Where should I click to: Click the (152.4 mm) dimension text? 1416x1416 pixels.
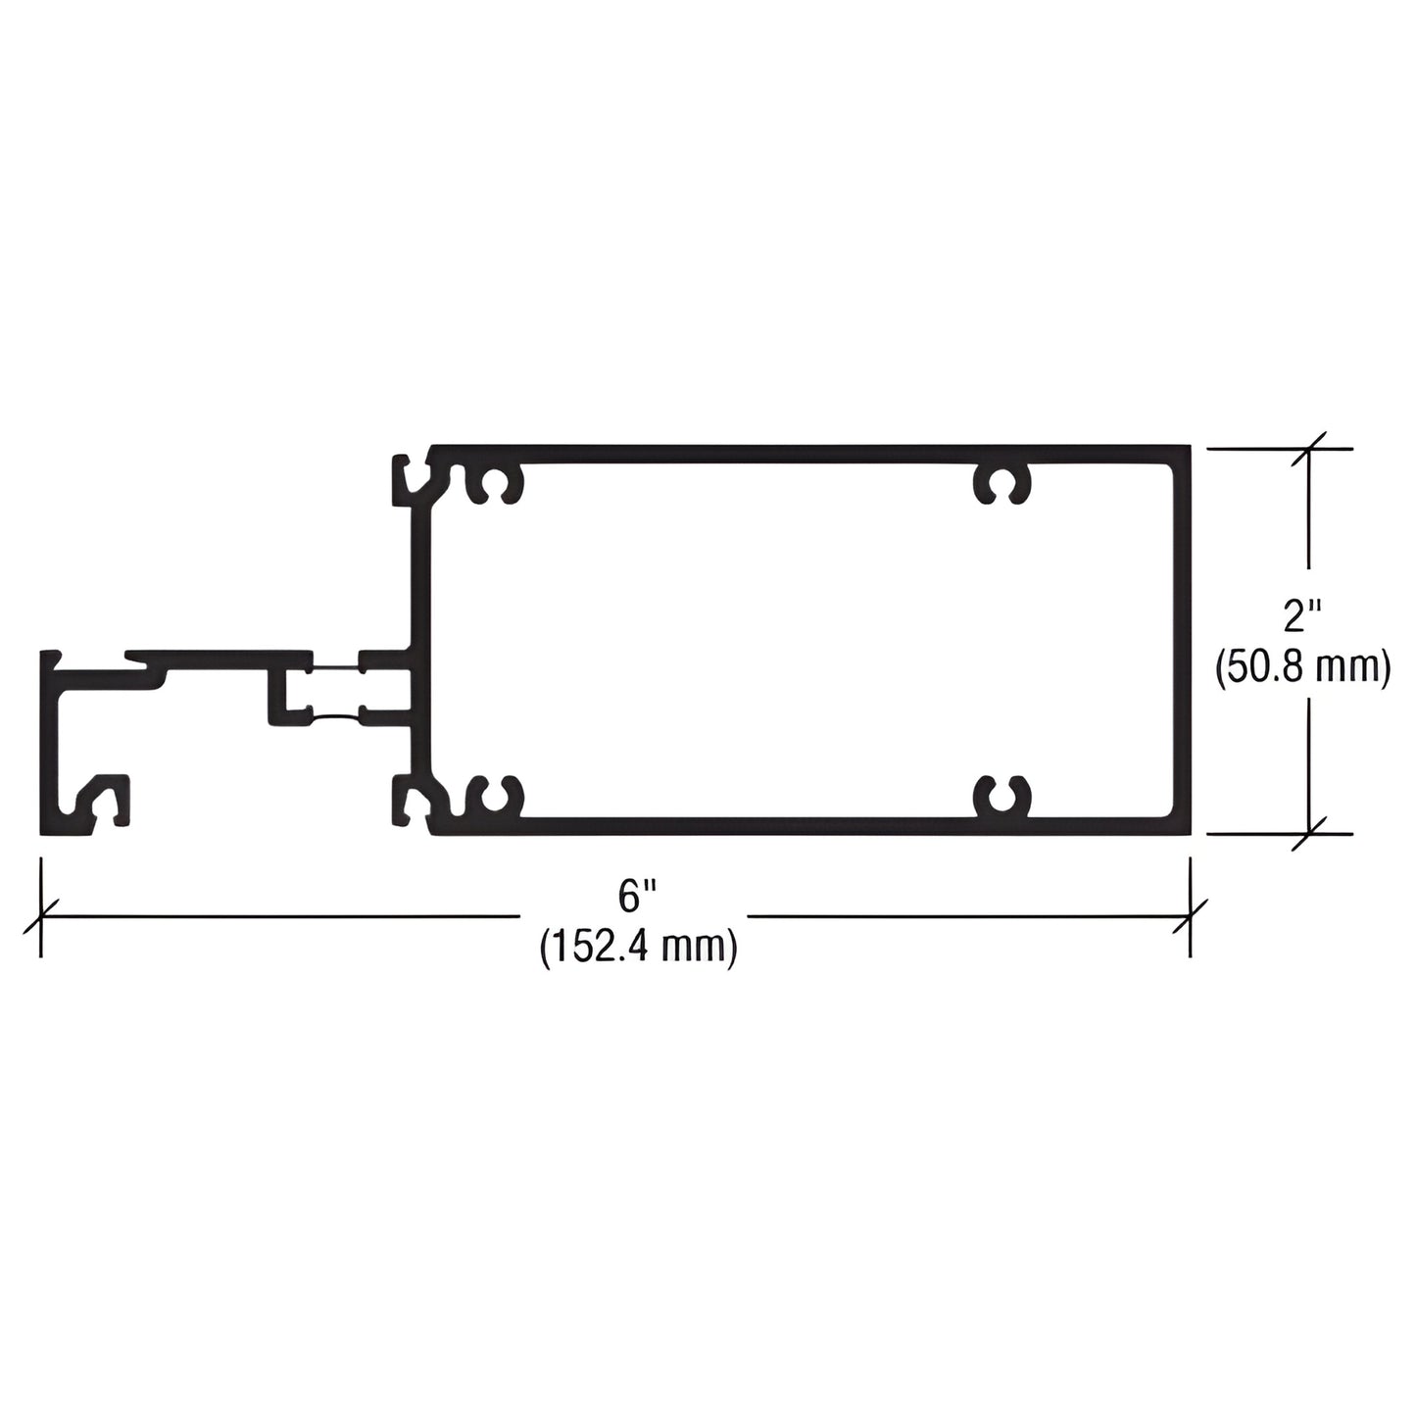(x=637, y=948)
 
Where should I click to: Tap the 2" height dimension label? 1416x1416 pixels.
(x=1302, y=617)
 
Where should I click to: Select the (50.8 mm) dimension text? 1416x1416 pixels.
(x=1302, y=668)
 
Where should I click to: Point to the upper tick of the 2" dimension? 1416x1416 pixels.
(x=1310, y=449)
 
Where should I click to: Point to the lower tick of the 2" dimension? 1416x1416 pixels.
(x=1310, y=834)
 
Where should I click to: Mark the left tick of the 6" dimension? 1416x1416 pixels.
(x=40, y=917)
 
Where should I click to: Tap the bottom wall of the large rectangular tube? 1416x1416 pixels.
(x=804, y=826)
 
